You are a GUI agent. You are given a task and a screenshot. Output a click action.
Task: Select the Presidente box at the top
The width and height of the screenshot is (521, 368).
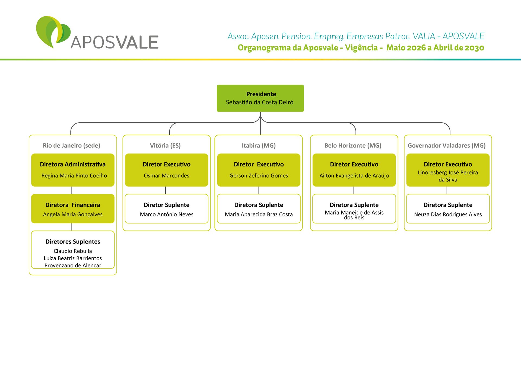pyautogui.click(x=260, y=98)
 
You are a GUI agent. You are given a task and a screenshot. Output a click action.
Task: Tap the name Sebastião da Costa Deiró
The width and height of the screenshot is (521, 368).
pyautogui.click(x=260, y=103)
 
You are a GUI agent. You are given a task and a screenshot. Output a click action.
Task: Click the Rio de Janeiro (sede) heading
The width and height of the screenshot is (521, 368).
pyautogui.click(x=71, y=146)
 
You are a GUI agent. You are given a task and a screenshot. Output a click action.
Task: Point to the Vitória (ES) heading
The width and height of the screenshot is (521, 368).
pyautogui.click(x=165, y=146)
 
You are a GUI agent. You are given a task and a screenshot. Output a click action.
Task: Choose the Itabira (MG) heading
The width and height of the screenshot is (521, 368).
pyautogui.click(x=259, y=146)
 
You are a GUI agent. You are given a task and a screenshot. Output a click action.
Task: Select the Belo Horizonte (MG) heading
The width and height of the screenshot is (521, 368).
pyautogui.click(x=353, y=146)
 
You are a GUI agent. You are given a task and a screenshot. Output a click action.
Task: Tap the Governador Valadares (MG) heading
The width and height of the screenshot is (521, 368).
pyautogui.click(x=447, y=146)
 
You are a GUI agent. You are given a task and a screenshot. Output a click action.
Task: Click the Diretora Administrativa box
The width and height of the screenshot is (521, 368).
pyautogui.click(x=73, y=170)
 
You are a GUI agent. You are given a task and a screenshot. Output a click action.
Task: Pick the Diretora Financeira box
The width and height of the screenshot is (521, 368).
pyautogui.click(x=73, y=209)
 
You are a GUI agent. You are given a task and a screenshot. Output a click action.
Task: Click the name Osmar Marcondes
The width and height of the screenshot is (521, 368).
pyautogui.click(x=166, y=176)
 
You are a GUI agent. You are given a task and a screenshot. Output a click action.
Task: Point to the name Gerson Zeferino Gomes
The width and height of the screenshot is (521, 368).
pyautogui.click(x=259, y=176)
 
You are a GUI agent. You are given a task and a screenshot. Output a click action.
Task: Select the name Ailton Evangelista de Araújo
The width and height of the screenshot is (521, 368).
pyautogui.click(x=354, y=176)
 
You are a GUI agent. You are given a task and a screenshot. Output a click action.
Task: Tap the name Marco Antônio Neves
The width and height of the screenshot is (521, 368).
pyautogui.click(x=167, y=215)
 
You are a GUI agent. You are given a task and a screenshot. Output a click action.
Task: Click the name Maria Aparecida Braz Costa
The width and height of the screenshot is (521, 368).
pyautogui.click(x=259, y=215)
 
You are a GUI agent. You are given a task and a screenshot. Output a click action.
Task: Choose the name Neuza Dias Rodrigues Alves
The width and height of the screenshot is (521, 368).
pyautogui.click(x=448, y=215)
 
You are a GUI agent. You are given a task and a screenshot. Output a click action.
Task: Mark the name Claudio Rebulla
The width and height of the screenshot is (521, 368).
pyautogui.click(x=73, y=251)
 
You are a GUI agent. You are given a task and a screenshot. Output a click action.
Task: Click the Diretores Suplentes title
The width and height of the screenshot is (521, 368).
pyautogui.click(x=73, y=242)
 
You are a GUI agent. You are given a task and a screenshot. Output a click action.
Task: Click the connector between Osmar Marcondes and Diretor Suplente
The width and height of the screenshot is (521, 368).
pyautogui.click(x=166, y=190)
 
